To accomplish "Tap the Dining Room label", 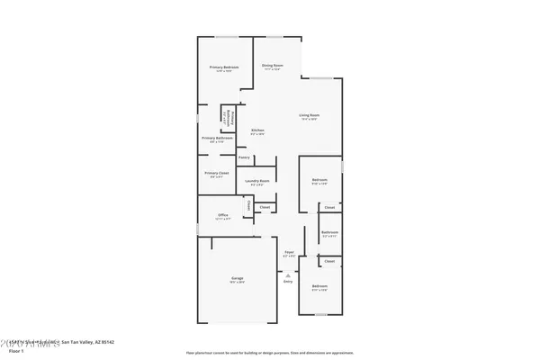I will pyautogui.click(x=273, y=66).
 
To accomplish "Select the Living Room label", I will pyautogui.click(x=310, y=115).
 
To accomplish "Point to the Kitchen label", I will pyautogui.click(x=257, y=131).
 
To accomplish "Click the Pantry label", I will pyautogui.click(x=244, y=157).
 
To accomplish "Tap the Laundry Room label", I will pyautogui.click(x=257, y=182).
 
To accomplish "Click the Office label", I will pyautogui.click(x=222, y=215).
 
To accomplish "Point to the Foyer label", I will pyautogui.click(x=289, y=252).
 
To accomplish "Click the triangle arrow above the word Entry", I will pyautogui.click(x=288, y=274).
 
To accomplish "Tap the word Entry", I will pyautogui.click(x=288, y=282).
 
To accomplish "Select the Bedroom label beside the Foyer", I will pyautogui.click(x=319, y=287).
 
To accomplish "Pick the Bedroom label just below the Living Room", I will pyautogui.click(x=319, y=180).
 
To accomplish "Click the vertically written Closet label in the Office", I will pyautogui.click(x=249, y=206).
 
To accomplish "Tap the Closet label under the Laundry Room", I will pyautogui.click(x=265, y=208).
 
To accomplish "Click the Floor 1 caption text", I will pyautogui.click(x=15, y=352).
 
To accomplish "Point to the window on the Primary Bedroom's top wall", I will pyautogui.click(x=226, y=37).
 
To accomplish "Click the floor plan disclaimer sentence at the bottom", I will pyautogui.click(x=270, y=353).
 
